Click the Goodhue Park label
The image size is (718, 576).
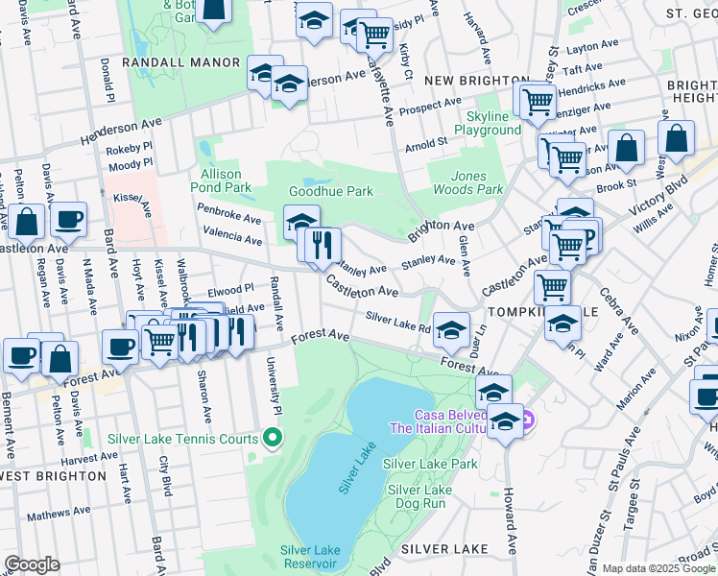[332, 191]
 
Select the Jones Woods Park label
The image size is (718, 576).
[465, 182]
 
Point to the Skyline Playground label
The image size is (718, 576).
[487, 123]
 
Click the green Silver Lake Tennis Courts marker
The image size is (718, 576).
[273, 440]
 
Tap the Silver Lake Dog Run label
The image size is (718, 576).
[419, 495]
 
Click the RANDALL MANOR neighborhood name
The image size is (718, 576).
[180, 62]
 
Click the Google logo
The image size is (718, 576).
[32, 564]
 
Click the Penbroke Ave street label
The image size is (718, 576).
[228, 212]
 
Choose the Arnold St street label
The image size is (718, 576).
[426, 144]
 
